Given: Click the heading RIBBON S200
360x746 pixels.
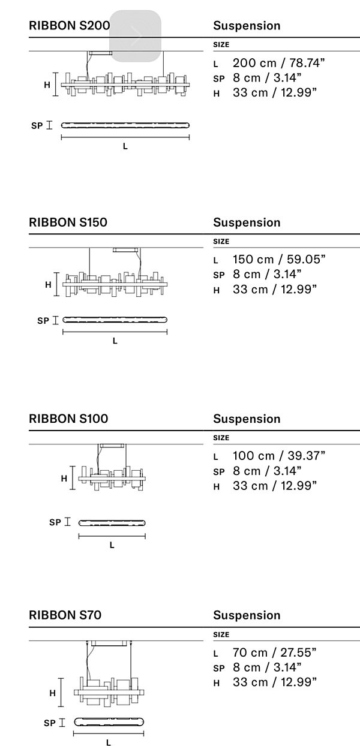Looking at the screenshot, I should pos(69,26).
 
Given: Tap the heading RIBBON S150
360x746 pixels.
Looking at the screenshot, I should pos(68,222).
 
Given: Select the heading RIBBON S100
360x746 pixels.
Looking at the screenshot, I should pos(68,419).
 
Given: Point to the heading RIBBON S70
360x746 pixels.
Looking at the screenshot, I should pos(65,615).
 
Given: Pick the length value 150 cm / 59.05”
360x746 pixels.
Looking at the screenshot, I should pos(278,260).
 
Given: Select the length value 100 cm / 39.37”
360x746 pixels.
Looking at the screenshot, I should pos(278,456).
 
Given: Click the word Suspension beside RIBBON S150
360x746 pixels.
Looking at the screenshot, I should pos(247,222).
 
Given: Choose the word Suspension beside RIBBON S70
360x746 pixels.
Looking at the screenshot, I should pos(247,615).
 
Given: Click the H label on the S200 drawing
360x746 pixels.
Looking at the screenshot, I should pos(47,85).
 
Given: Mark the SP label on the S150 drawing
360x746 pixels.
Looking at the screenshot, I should pos(43,321).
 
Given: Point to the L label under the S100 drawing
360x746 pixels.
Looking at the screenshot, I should pos(112,545).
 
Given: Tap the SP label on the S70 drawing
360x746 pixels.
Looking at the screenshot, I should pos(50,724).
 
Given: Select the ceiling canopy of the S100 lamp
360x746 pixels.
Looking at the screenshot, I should pos(112,446).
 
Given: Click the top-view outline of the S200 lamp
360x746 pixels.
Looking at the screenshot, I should pos(125,125).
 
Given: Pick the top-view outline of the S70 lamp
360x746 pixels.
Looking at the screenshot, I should pos(109,721).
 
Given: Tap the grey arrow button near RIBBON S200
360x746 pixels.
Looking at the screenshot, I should pos(135,36).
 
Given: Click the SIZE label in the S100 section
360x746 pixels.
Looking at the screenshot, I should pos(221,438).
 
